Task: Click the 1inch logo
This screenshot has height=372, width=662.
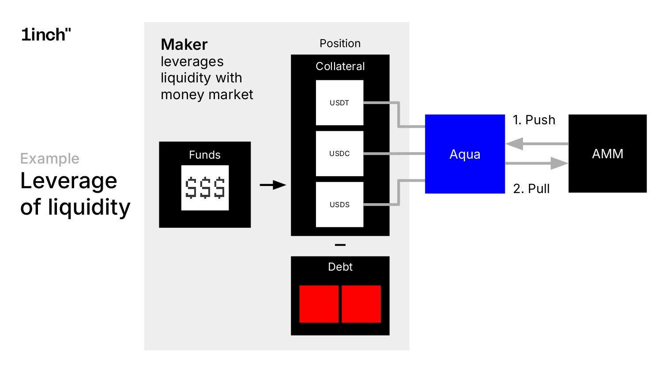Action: point(46,34)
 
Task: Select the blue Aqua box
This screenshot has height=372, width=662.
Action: point(465,154)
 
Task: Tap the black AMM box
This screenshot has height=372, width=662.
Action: point(607,153)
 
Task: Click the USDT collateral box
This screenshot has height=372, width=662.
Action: point(339,103)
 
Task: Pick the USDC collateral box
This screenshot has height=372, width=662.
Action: point(339,153)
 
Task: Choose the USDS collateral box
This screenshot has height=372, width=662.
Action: point(339,205)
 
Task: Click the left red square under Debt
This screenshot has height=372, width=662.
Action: point(319,304)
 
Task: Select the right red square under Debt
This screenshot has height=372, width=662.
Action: point(361,304)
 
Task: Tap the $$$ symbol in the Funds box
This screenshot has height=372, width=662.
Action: point(205,188)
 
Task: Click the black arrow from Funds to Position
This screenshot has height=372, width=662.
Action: point(273,185)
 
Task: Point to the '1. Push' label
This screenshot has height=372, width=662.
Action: point(534,120)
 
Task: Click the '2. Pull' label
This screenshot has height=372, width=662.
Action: point(531,189)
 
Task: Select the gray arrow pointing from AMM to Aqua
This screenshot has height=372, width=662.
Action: point(536,144)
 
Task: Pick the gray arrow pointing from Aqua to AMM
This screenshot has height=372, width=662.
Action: point(536,164)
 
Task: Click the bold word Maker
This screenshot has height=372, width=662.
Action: point(184,45)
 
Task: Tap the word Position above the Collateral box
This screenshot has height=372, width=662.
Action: point(340,43)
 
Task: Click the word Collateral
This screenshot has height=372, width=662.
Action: point(340,66)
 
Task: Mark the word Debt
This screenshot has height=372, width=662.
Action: point(340,267)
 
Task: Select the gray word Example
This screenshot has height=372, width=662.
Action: point(50,158)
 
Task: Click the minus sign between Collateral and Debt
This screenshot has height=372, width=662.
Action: point(340,245)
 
